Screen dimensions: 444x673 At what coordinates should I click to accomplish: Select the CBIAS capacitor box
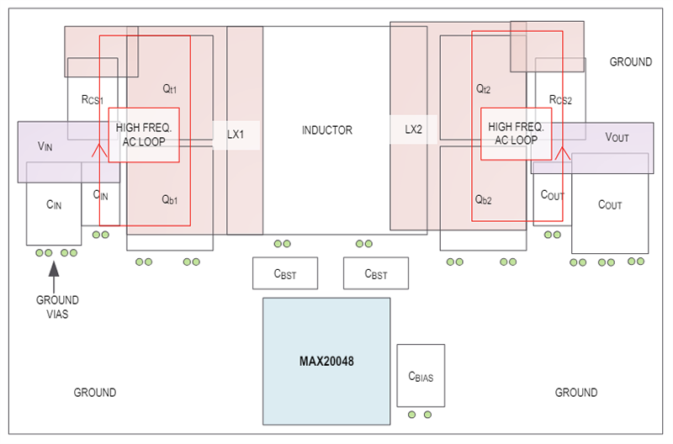point(420,375)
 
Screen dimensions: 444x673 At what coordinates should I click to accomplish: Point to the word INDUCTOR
point(326,130)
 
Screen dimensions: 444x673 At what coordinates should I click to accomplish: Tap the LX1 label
point(235,133)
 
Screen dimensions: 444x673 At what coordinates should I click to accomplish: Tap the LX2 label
point(413,130)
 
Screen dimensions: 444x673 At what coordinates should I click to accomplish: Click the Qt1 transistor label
point(169,88)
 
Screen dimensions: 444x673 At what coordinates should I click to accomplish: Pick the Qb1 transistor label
point(169,200)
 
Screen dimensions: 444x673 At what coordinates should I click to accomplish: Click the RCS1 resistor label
point(92,99)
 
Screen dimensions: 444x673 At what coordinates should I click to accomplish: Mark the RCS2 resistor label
point(559,99)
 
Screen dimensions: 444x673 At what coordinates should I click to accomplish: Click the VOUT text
point(617,137)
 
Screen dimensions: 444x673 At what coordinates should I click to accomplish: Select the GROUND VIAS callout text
point(57,307)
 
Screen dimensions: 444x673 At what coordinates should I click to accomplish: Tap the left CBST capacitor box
point(285,273)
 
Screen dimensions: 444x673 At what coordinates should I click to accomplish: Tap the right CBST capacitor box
point(376,273)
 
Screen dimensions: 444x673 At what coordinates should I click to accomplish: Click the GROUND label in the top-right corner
point(630,61)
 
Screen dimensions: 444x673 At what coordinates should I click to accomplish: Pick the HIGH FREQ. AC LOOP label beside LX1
point(144,134)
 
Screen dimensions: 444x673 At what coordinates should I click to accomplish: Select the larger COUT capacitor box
point(610,204)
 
